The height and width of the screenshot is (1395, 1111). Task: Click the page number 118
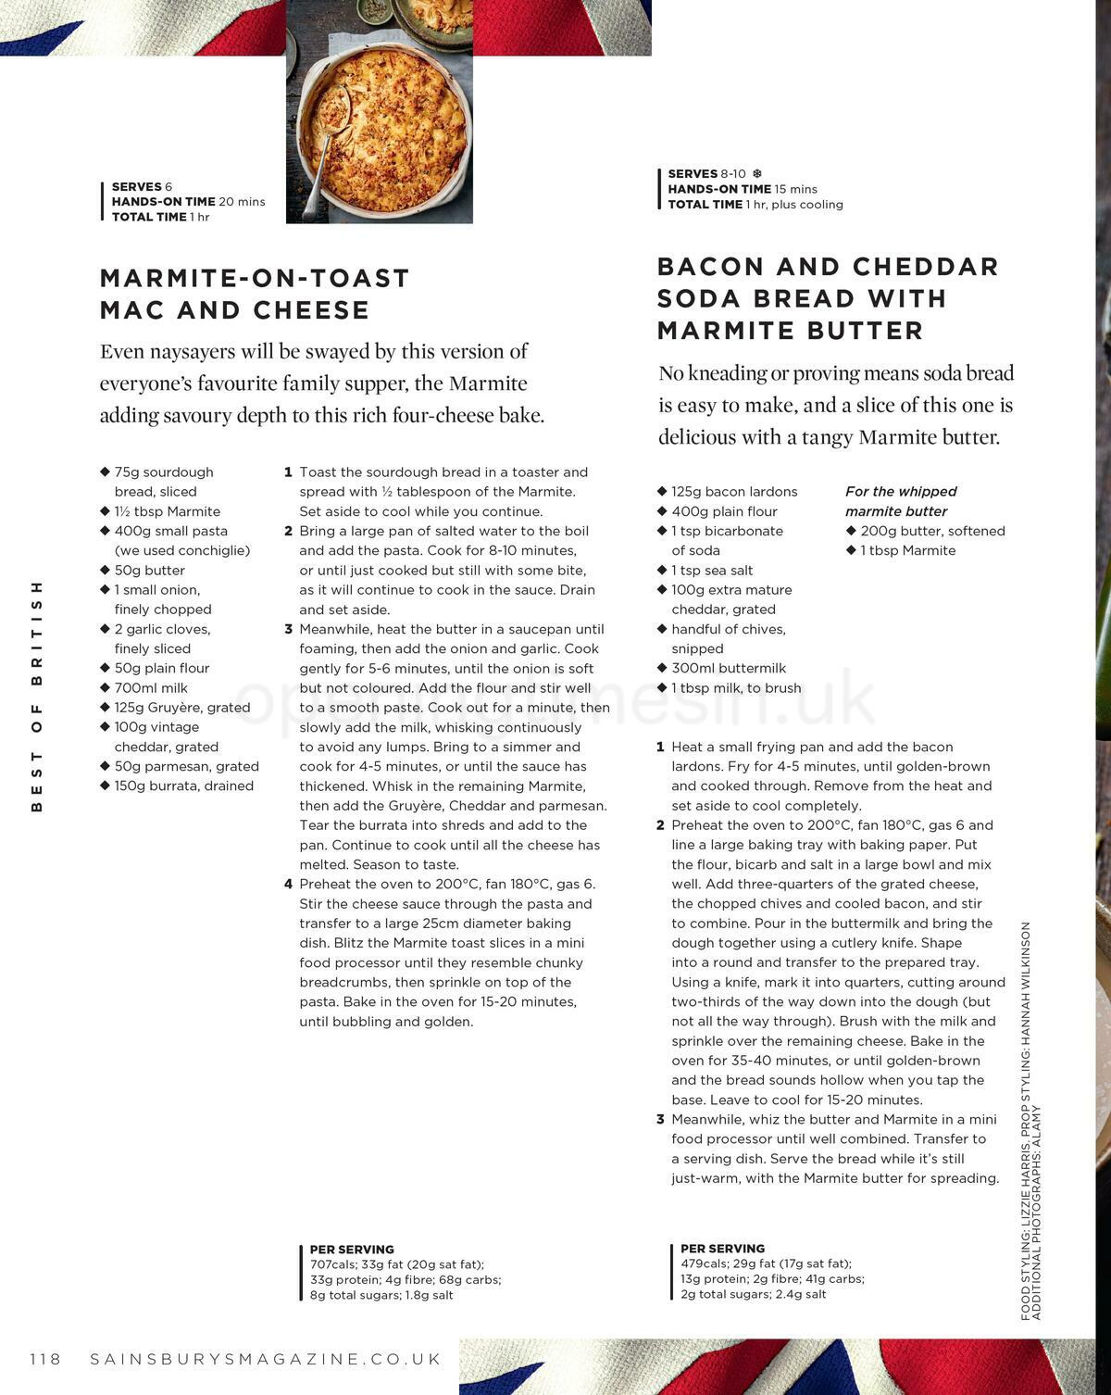[44, 1359]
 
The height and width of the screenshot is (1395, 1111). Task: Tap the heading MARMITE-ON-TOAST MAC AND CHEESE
[255, 294]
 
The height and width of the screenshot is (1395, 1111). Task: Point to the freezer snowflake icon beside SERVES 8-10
[757, 173]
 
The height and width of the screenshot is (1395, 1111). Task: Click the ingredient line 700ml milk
[151, 687]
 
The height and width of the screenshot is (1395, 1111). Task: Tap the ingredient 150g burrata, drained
[183, 785]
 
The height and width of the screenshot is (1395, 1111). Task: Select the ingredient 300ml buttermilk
[729, 668]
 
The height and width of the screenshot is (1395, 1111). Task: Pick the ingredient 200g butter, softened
[932, 531]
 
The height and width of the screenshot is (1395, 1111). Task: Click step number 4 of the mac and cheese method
[288, 884]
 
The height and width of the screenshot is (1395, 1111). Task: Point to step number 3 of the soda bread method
[660, 1119]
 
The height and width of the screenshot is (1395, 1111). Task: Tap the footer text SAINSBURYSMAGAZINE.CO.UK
[266, 1359]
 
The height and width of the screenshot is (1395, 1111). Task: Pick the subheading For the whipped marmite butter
[900, 501]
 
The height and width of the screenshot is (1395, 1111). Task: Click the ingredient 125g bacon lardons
[734, 492]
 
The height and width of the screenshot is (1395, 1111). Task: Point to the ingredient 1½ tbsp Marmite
[167, 511]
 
